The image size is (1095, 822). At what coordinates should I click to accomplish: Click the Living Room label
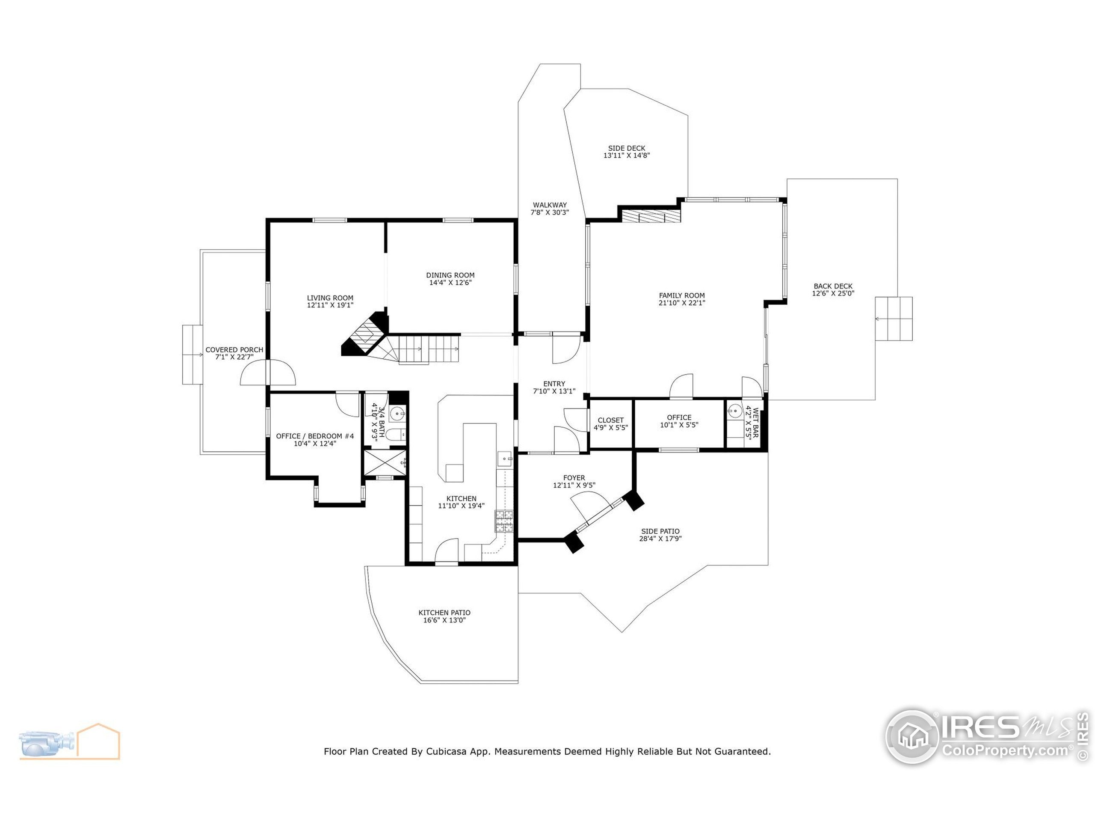click(330, 298)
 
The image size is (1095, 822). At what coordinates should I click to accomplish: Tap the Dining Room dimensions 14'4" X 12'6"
click(450, 283)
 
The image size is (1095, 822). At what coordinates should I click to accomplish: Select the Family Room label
click(682, 295)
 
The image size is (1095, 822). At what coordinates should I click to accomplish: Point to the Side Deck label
click(626, 148)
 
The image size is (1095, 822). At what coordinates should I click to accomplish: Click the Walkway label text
click(550, 205)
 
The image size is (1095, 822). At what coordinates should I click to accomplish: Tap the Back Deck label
click(833, 286)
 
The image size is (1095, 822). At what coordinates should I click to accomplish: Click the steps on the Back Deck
click(894, 319)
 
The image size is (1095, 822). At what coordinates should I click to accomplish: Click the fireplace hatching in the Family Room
click(651, 217)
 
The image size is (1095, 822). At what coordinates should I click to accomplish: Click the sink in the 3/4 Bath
click(397, 413)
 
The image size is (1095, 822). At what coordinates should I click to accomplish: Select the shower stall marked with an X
click(385, 463)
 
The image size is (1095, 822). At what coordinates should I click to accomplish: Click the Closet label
click(610, 420)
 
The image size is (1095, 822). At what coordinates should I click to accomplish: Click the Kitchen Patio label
click(444, 612)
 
